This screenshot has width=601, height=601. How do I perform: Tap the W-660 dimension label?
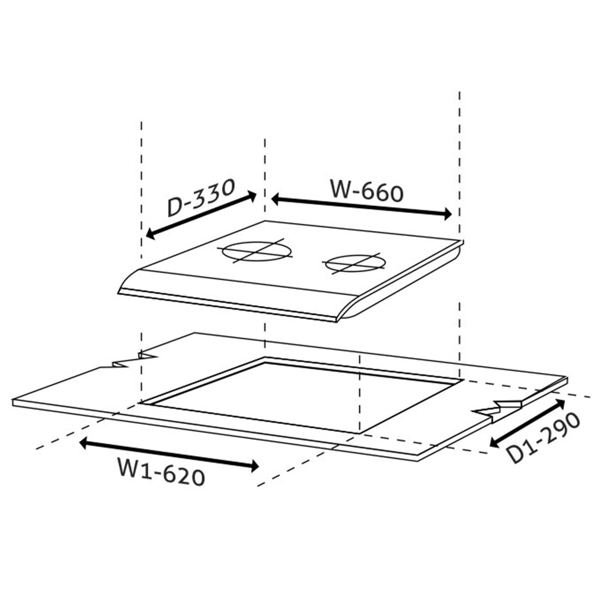point(367,190)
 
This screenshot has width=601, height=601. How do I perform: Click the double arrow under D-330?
point(201,215)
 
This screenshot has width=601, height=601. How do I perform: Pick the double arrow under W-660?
point(361,206)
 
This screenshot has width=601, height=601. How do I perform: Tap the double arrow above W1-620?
point(169,455)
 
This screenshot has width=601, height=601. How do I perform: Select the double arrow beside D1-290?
point(527,423)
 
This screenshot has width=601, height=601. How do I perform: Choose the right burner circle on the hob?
point(355,264)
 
